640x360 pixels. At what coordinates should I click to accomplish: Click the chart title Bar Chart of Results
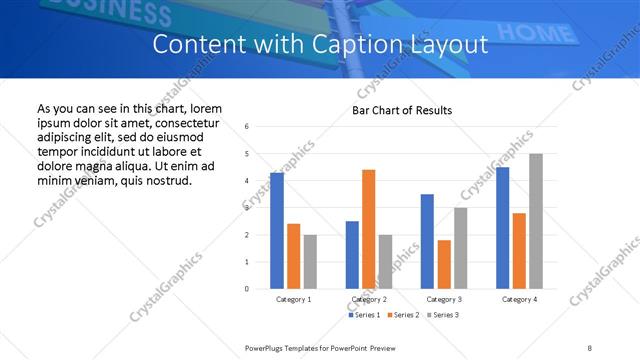coord(402,110)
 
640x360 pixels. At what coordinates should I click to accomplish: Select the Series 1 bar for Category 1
coord(277,230)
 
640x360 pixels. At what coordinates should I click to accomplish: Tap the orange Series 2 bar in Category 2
coord(368,229)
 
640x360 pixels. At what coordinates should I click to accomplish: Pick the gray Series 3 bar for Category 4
coord(536,221)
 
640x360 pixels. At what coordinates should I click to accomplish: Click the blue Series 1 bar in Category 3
coord(427,241)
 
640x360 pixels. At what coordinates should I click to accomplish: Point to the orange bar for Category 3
coord(444,264)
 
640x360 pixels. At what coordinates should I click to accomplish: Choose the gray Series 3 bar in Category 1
coord(311,261)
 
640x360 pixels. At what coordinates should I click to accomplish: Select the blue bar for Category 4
coord(502,228)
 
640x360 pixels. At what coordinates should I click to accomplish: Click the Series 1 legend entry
coord(364,315)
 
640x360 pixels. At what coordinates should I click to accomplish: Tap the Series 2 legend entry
coord(403,315)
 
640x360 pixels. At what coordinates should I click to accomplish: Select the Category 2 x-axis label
coord(369,299)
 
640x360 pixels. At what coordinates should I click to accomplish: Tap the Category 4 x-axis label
coord(519,299)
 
